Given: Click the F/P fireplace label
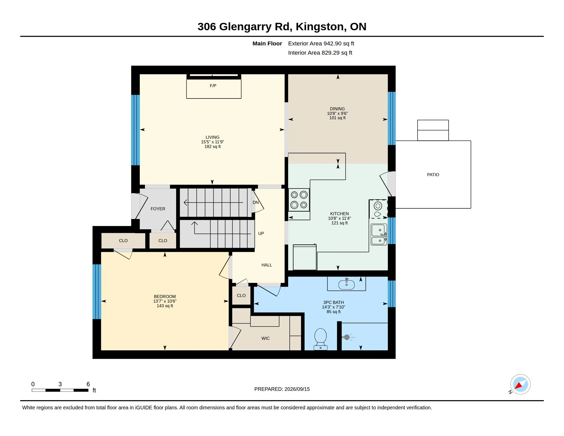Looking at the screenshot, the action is [x=213, y=86].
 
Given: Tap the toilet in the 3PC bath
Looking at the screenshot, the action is [x=320, y=339].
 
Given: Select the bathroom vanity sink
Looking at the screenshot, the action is [x=346, y=284].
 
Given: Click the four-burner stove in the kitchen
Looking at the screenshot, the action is [x=299, y=200].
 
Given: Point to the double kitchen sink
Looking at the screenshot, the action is [x=379, y=234].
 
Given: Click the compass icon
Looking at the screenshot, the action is [x=520, y=384].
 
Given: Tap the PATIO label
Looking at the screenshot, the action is [x=433, y=175].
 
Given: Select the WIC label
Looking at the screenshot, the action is [x=266, y=338].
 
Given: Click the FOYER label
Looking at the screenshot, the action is [x=158, y=209].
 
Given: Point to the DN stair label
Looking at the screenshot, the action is [x=256, y=203].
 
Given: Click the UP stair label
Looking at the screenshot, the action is [x=261, y=233].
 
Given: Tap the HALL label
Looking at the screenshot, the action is [x=267, y=265].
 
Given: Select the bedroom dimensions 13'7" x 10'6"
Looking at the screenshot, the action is [x=165, y=301].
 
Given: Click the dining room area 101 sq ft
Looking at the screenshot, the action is [x=337, y=118].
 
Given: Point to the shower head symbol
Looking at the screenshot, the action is [x=347, y=337].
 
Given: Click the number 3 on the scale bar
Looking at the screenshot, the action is [x=60, y=384].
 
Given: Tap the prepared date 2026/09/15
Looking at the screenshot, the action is [x=297, y=389].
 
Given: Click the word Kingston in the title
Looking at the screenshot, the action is [x=319, y=27].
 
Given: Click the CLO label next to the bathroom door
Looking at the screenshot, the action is [x=241, y=295].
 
